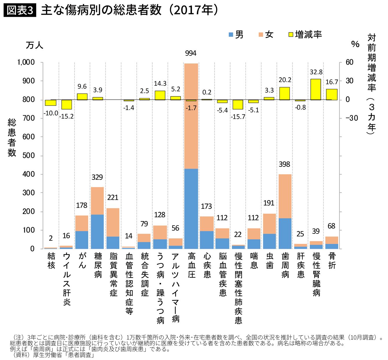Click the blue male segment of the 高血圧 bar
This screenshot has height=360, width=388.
[191, 209]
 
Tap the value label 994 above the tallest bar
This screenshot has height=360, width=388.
[191, 53]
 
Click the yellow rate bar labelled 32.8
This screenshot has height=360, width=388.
[316, 89]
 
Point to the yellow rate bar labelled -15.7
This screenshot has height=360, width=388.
[238, 104]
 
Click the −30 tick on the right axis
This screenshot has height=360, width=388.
[352, 118]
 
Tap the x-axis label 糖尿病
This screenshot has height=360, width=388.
[98, 265]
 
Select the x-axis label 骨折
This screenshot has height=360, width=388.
[332, 261]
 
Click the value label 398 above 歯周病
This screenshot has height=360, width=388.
[284, 165]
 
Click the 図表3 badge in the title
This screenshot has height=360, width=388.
[20, 10]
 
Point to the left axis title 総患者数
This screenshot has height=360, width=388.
[12, 137]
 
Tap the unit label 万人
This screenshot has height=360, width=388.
[34, 45]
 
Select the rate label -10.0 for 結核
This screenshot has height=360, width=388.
[51, 113]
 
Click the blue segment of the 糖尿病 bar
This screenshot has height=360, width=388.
[97, 231]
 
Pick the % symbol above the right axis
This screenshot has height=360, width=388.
[355, 44]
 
